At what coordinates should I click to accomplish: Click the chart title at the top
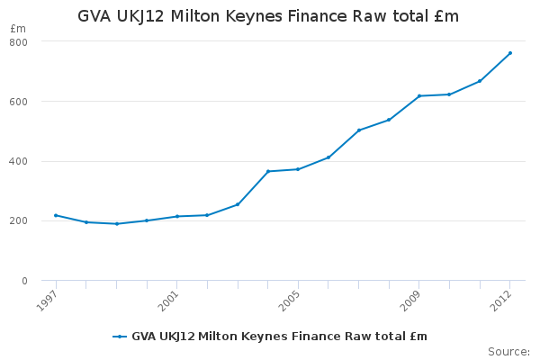tap(268, 16)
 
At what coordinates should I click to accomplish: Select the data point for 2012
tap(510, 53)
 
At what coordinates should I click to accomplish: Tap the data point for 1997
tap(56, 215)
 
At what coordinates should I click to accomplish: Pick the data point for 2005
tap(298, 169)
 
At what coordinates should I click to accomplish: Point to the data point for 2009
tap(419, 95)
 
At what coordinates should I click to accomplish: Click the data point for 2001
tap(177, 216)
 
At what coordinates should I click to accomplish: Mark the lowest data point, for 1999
tap(117, 224)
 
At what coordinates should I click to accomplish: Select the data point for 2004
tap(268, 171)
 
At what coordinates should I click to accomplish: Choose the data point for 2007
tap(359, 130)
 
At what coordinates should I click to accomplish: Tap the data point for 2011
tap(480, 81)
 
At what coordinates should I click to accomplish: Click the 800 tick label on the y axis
tap(18, 42)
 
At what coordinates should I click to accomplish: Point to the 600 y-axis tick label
tap(18, 102)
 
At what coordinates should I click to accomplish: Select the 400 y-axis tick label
tap(18, 162)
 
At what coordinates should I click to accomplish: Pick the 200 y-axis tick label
tap(18, 221)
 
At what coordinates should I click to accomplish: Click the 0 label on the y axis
tap(24, 281)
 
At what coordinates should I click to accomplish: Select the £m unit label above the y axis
tap(18, 29)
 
